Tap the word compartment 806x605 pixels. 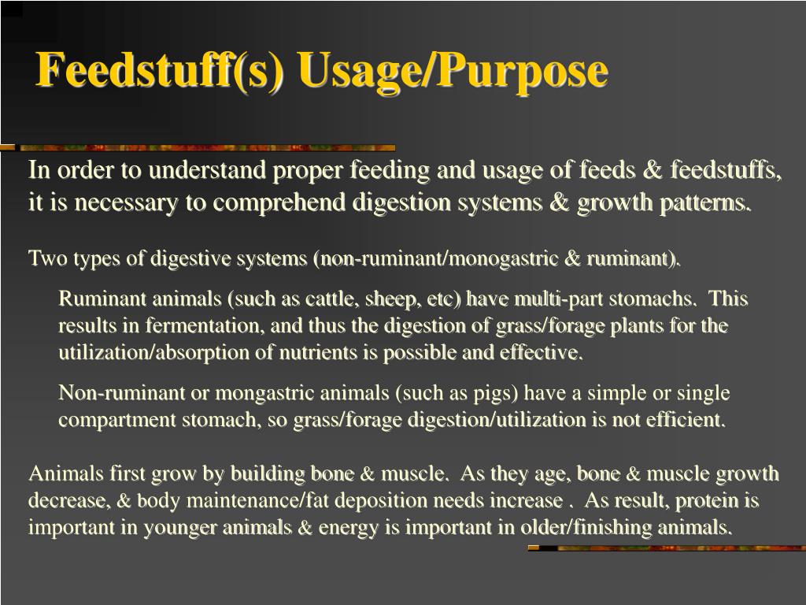(x=117, y=420)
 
